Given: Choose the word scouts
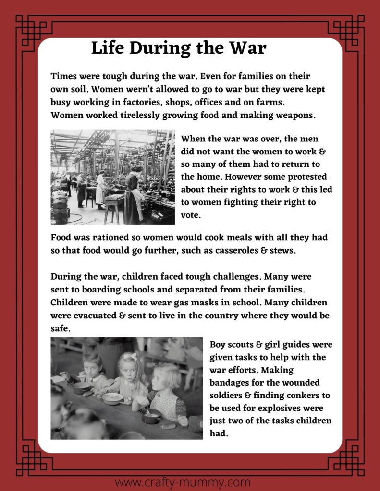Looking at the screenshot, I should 244,345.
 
